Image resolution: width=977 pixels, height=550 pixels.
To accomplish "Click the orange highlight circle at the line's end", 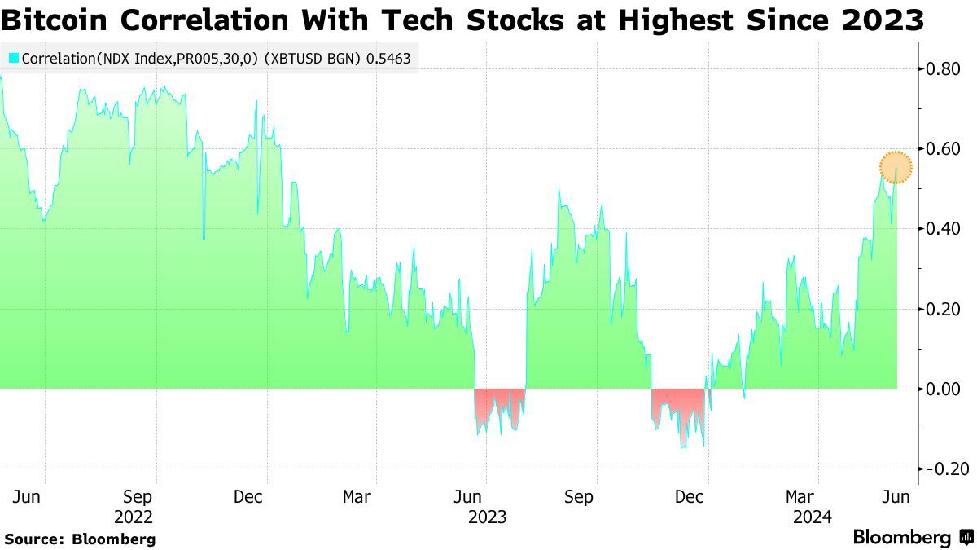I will point(896,167).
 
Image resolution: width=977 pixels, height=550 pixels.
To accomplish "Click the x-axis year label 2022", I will point(134,517).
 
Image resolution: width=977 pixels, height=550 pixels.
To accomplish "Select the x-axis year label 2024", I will point(812,517).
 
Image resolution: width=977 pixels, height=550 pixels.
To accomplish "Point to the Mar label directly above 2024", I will point(800,496).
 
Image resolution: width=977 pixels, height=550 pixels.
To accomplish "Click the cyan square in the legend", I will point(13,59).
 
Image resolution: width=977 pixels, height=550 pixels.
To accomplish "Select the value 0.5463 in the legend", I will point(393,59).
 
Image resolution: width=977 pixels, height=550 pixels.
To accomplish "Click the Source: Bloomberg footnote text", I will point(80,539).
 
